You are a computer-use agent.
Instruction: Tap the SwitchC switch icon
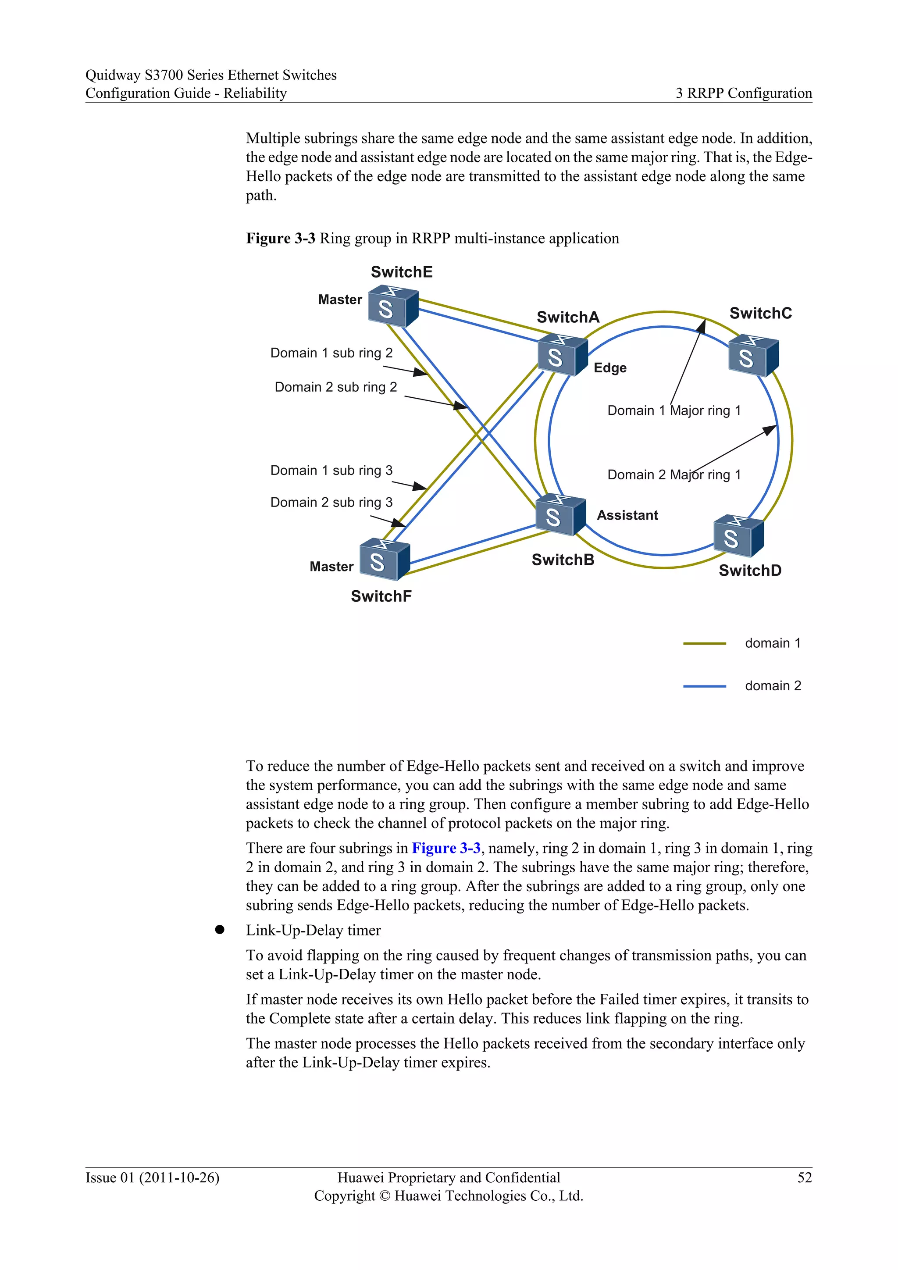tap(753, 356)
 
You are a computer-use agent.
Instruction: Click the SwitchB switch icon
tap(560, 515)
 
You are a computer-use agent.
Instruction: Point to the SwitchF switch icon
tap(384, 559)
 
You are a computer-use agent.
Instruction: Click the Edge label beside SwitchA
tap(610, 368)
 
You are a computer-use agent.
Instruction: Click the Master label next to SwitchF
tap(331, 567)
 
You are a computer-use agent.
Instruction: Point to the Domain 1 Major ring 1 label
tap(673, 410)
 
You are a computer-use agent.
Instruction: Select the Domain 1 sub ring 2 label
tap(331, 353)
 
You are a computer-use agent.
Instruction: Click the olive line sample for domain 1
tap(704, 643)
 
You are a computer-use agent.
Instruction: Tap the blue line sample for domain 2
tap(704, 686)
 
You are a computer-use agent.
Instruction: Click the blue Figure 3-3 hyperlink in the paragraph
tap(445, 848)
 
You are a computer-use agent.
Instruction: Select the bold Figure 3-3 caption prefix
tap(280, 239)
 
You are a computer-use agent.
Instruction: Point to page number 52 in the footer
tap(804, 1177)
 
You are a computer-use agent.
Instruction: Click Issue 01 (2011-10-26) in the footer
tap(152, 1177)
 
